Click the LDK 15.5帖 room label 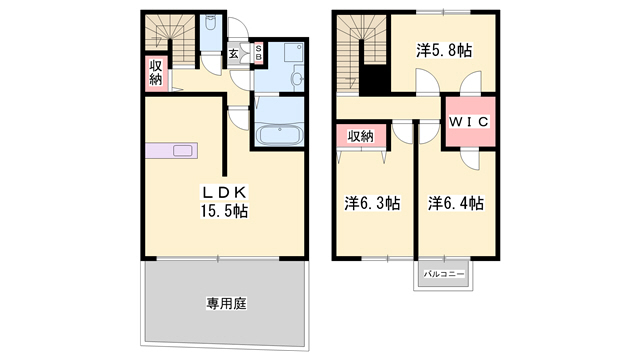point(224,202)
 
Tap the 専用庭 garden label point(226,303)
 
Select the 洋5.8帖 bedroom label point(444,51)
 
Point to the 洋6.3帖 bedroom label point(372,203)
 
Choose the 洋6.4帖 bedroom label point(456,203)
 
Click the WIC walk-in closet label point(469,121)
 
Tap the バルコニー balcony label point(444,274)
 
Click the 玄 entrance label point(233,53)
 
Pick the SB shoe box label point(258,53)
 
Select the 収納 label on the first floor point(156,73)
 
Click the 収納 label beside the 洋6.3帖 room point(360,136)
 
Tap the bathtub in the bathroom point(279,135)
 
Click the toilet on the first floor point(210,24)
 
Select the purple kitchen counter point(171,151)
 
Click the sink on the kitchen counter point(182,151)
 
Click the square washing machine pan point(294,52)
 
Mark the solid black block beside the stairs point(375,80)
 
